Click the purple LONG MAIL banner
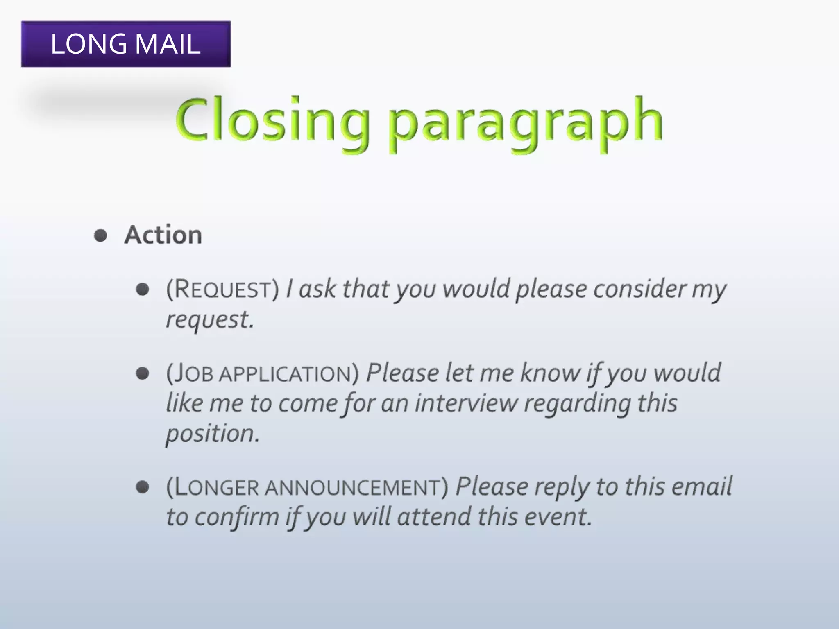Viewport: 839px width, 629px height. pos(126,44)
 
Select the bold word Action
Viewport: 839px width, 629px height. pos(163,235)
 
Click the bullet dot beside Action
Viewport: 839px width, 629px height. pos(100,235)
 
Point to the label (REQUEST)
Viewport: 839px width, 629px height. pos(222,289)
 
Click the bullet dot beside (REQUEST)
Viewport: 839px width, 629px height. pos(142,289)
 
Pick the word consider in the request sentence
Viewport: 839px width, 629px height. pos(639,289)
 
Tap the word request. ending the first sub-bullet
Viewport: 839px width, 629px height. pos(210,320)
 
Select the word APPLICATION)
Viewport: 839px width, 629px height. pos(289,373)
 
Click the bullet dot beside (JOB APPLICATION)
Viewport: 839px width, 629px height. pos(142,373)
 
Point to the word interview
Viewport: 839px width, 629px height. pos(466,403)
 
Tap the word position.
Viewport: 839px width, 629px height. pos(212,434)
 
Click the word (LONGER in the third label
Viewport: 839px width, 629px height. pos(213,487)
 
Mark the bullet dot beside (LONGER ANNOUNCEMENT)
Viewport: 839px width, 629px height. pos(142,487)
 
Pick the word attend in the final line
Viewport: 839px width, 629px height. pos(434,517)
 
